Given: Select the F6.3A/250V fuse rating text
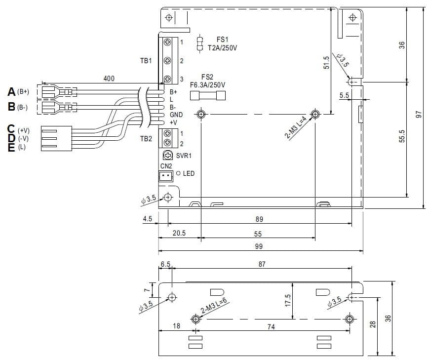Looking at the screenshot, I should (x=208, y=85).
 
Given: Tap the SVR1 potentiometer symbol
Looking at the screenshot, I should (x=167, y=155).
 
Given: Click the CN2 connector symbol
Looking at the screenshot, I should (x=166, y=175).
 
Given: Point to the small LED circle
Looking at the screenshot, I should (x=178, y=173).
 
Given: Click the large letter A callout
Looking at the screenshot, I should (x=11, y=92).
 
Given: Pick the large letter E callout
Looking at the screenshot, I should (x=11, y=147).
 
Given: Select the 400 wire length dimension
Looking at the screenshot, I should (x=110, y=79).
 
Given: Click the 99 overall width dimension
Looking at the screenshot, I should (x=258, y=246).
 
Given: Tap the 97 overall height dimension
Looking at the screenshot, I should (x=419, y=114).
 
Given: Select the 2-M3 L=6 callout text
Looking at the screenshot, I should (x=213, y=308).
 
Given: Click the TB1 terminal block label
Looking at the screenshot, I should (x=146, y=61).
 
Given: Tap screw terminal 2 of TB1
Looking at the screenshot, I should (x=167, y=61).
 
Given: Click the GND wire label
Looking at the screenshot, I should (x=176, y=115).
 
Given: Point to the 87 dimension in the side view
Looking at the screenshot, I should (x=262, y=265).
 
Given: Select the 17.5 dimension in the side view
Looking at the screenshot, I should (x=288, y=301).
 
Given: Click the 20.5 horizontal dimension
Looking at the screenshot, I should (x=179, y=234).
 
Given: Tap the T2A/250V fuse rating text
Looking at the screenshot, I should (x=223, y=48).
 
